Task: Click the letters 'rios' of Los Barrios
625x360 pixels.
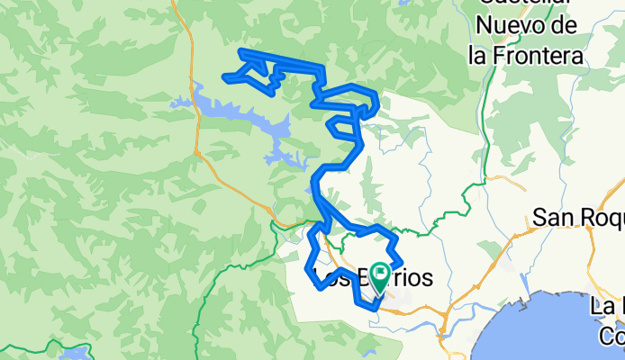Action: click(x=410, y=278)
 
